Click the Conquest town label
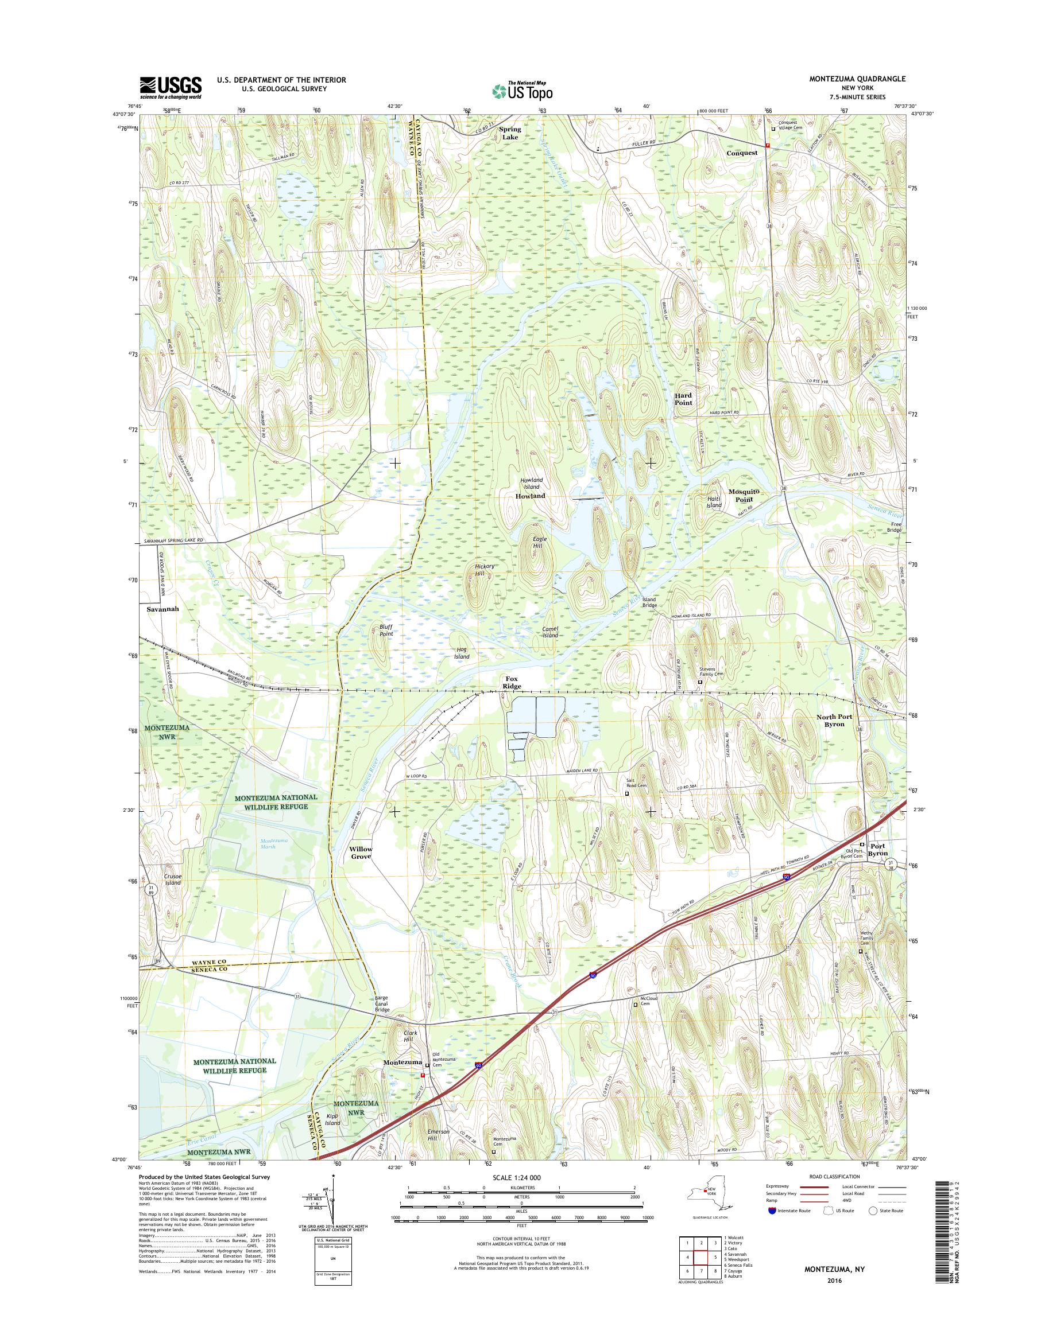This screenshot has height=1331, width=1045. click(742, 153)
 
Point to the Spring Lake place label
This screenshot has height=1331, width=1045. click(510, 133)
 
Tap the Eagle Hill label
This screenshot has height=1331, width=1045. click(538, 542)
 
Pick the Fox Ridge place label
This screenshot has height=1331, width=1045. click(512, 682)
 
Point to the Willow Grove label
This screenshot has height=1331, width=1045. click(361, 853)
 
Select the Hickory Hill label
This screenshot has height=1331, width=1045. click(484, 570)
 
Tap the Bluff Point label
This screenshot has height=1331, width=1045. click(385, 631)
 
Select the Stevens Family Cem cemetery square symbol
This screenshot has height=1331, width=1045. click(700, 682)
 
